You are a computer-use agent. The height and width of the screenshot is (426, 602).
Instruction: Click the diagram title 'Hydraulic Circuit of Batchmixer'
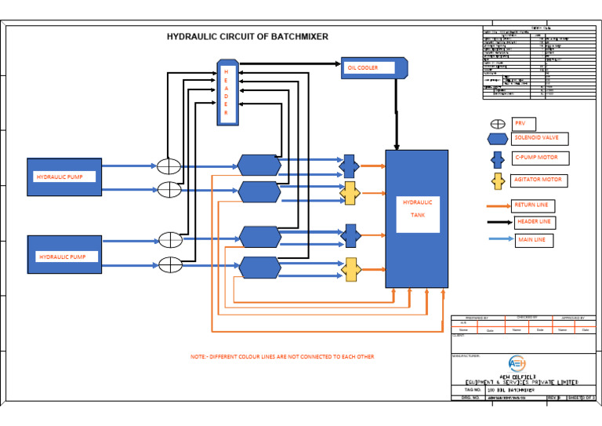(x=248, y=37)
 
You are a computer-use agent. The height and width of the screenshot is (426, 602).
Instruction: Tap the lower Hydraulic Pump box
(x=64, y=255)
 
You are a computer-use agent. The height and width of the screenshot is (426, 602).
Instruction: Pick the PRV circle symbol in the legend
(x=498, y=124)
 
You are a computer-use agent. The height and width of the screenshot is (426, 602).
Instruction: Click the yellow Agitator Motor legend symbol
(x=497, y=181)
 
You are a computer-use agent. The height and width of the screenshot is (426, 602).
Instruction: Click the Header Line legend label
(x=534, y=222)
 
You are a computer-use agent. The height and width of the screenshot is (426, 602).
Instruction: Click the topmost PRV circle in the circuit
(x=169, y=166)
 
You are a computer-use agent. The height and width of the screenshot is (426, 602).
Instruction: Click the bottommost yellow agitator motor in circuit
(x=350, y=268)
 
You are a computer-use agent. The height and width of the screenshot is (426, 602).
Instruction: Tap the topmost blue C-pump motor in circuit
(x=350, y=166)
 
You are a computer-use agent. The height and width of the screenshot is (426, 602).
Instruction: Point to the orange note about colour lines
(x=282, y=357)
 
